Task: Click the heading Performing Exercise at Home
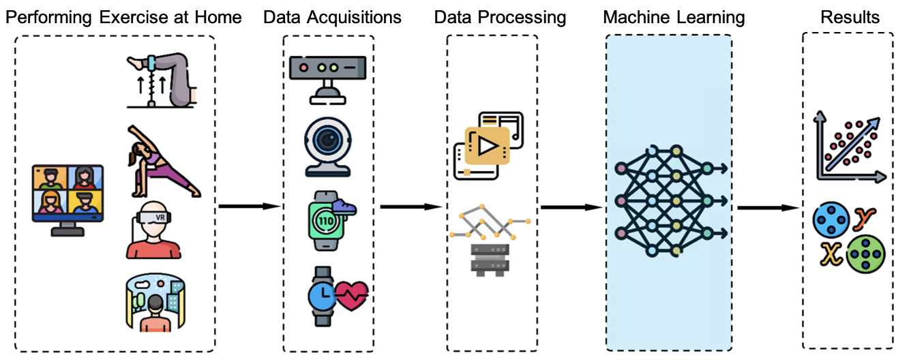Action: [123, 16]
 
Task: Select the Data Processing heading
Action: [500, 16]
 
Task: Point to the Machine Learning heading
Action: [673, 16]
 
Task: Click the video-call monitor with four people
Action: [68, 198]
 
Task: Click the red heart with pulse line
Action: [352, 296]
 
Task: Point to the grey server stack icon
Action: [491, 260]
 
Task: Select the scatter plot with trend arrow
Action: [849, 147]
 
